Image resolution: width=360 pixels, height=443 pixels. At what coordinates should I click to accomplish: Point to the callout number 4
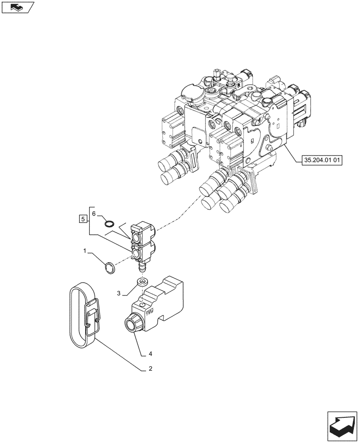[x=151, y=354]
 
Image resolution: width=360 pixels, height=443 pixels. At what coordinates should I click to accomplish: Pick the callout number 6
[x=94, y=214]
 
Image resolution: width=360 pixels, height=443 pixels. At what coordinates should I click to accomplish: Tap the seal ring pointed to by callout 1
[x=109, y=268]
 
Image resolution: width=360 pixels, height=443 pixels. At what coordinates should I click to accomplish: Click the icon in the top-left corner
[x=18, y=8]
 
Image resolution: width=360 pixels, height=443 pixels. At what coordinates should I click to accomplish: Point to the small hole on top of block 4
[x=141, y=305]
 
